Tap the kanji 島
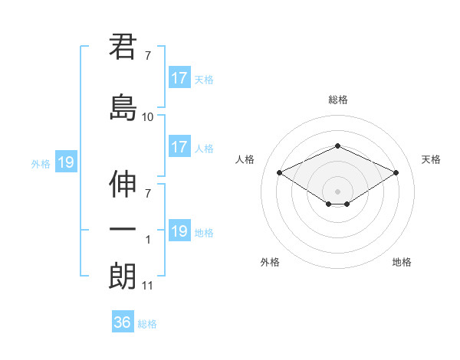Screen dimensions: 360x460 (x=123, y=107)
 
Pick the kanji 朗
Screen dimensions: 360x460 (x=123, y=277)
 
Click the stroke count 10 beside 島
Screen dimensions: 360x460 (x=147, y=117)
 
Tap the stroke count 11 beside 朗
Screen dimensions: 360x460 (x=147, y=286)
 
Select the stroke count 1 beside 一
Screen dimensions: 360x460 (x=148, y=239)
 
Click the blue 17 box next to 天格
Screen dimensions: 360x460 (x=179, y=78)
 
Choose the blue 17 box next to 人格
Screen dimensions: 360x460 (x=179, y=147)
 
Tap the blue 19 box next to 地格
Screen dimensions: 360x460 (x=179, y=231)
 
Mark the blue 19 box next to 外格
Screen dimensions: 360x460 (x=65, y=162)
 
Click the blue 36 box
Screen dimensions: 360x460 (x=122, y=322)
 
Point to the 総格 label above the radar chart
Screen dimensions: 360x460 (x=338, y=100)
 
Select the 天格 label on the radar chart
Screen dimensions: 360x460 (x=432, y=159)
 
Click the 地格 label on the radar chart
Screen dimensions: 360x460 (x=402, y=262)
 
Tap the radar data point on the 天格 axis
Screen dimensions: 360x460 (x=396, y=172)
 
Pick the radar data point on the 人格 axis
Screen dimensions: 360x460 (x=279, y=172)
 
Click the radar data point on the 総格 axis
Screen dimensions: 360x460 (x=337, y=146)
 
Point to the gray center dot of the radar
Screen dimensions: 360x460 (x=337, y=191)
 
